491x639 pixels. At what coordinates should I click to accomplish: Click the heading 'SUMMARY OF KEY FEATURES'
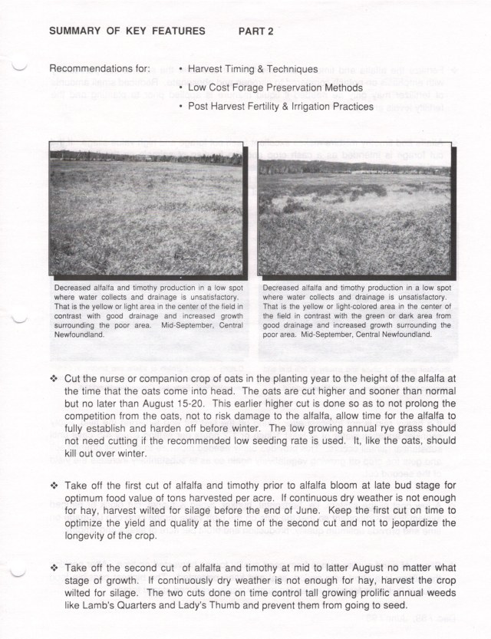[127, 31]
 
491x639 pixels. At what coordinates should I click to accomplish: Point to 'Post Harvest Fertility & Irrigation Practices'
[280, 107]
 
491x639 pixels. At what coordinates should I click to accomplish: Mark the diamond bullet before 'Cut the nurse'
[53, 380]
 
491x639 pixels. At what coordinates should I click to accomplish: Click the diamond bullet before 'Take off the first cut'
[53, 486]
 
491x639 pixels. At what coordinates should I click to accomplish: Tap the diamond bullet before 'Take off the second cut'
[53, 568]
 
